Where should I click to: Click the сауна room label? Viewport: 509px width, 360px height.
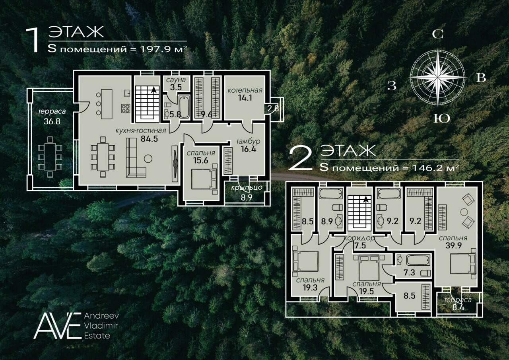[x=176, y=80]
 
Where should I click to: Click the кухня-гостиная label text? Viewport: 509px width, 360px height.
[x=141, y=131]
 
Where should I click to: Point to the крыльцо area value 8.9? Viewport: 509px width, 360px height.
[x=247, y=198]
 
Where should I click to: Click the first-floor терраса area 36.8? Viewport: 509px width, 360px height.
[x=52, y=121]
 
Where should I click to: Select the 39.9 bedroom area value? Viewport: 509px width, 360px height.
[x=453, y=246]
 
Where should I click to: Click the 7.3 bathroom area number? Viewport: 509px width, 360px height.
[x=409, y=272]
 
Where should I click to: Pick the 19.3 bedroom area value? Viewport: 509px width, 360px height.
[x=310, y=288]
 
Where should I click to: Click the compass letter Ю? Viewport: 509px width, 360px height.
[x=442, y=119]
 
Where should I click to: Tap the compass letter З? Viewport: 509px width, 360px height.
[x=392, y=86]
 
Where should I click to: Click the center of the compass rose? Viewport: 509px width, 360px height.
[x=438, y=78]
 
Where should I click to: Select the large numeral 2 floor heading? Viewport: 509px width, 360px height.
[x=301, y=158]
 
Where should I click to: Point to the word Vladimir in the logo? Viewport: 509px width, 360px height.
[x=101, y=326]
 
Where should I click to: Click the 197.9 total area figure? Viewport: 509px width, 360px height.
[x=155, y=49]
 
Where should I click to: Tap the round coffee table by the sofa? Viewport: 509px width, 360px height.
[x=148, y=158]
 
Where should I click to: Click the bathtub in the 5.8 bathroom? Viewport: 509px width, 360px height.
[x=184, y=107]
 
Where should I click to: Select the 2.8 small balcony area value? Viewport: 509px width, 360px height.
[x=273, y=109]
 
